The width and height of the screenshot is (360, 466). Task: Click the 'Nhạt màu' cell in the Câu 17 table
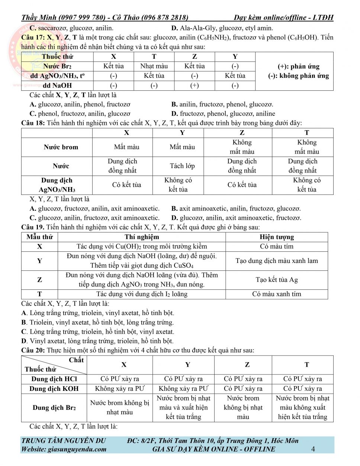pyautogui.click(x=154, y=66)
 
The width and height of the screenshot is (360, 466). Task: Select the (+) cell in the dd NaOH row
pyautogui.click(x=195, y=85)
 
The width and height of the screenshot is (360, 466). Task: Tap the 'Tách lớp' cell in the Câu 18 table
pyautogui.click(x=182, y=166)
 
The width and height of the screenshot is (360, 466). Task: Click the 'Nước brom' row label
pyautogui.click(x=61, y=147)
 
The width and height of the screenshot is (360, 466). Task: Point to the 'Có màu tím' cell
pyautogui.click(x=277, y=246)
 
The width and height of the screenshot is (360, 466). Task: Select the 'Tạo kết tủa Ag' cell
pyautogui.click(x=277, y=280)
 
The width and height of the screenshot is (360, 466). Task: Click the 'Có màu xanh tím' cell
pyautogui.click(x=277, y=294)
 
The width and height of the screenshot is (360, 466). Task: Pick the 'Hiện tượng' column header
pyautogui.click(x=277, y=237)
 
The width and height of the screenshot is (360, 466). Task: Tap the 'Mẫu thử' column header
pyautogui.click(x=40, y=237)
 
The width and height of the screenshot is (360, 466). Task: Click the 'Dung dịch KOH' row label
pyautogui.click(x=54, y=389)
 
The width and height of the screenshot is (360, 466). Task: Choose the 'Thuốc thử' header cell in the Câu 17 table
pyautogui.click(x=58, y=57)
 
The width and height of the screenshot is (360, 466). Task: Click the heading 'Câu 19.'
pyautogui.click(x=33, y=227)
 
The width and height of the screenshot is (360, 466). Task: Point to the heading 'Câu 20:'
pyautogui.click(x=33, y=350)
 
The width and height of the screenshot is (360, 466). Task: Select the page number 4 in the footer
pyautogui.click(x=313, y=449)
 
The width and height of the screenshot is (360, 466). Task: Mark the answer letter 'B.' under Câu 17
pyautogui.click(x=174, y=104)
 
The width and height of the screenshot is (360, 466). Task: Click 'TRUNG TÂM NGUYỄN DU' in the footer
pyautogui.click(x=64, y=441)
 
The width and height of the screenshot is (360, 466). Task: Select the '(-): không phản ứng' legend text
pyautogui.click(x=299, y=76)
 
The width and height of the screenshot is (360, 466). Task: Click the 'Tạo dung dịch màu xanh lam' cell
pyautogui.click(x=277, y=261)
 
